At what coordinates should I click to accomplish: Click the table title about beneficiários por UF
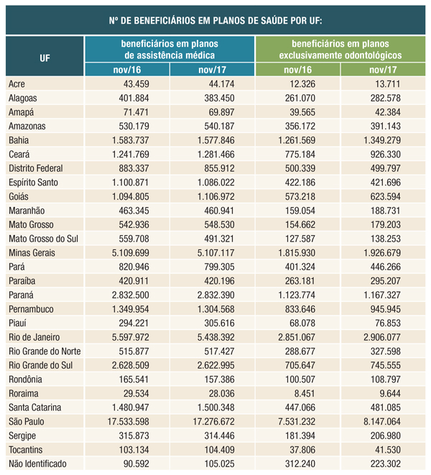tap(215, 19)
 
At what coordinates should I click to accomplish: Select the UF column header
tap(45, 56)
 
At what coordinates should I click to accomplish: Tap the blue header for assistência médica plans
tap(170, 49)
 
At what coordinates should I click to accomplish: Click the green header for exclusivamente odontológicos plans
tap(340, 49)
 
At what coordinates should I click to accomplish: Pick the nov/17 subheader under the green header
tap(382, 70)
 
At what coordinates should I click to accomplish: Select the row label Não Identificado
tap(37, 464)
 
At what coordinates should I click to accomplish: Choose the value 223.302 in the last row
tap(389, 464)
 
